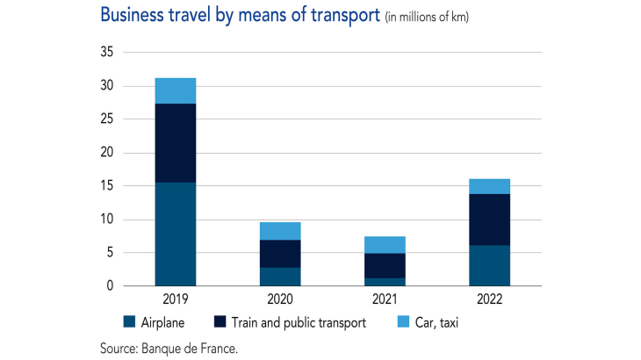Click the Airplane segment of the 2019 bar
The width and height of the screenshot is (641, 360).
pyautogui.click(x=175, y=234)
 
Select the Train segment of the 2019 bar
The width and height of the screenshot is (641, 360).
pyautogui.click(x=175, y=143)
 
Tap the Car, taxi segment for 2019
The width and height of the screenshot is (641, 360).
pyautogui.click(x=175, y=90)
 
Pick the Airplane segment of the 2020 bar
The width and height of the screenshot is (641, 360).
pyautogui.click(x=280, y=277)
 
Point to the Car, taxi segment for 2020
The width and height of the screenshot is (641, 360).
pyautogui.click(x=280, y=231)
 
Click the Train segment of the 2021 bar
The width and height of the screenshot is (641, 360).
pyautogui.click(x=385, y=265)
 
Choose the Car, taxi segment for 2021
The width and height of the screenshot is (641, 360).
pyautogui.click(x=385, y=245)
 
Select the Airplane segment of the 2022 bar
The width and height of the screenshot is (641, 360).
pyautogui.click(x=489, y=265)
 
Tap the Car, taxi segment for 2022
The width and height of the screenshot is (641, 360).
pyautogui.click(x=489, y=186)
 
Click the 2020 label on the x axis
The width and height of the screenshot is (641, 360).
pyautogui.click(x=280, y=299)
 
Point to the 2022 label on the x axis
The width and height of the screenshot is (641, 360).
pyautogui.click(x=489, y=299)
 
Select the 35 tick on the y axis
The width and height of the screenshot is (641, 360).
pyautogui.click(x=107, y=53)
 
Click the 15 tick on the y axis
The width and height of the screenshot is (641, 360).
pyautogui.click(x=107, y=186)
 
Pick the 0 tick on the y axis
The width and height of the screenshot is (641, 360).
pyautogui.click(x=111, y=286)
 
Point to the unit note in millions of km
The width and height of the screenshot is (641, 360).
pyautogui.click(x=427, y=18)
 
